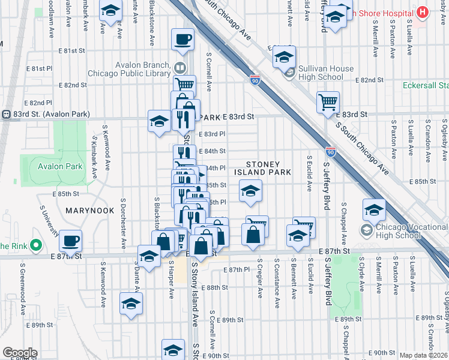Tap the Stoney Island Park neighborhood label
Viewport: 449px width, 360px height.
click(268, 168)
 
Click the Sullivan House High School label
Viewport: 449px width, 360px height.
click(327, 73)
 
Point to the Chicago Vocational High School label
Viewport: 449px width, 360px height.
click(399, 230)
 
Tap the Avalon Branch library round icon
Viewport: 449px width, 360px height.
click(179, 67)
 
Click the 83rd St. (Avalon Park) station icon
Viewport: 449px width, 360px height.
click(7, 114)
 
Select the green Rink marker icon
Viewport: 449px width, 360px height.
click(35, 245)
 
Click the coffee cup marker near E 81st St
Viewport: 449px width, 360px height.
click(182, 40)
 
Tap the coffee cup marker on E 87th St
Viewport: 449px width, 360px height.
click(71, 240)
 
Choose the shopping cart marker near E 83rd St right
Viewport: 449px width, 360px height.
click(328, 102)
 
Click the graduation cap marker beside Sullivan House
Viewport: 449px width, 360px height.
click(284, 58)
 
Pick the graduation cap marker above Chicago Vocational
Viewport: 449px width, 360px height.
click(374, 211)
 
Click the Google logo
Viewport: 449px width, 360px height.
click(19, 353)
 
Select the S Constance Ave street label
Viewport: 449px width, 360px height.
click(276, 283)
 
